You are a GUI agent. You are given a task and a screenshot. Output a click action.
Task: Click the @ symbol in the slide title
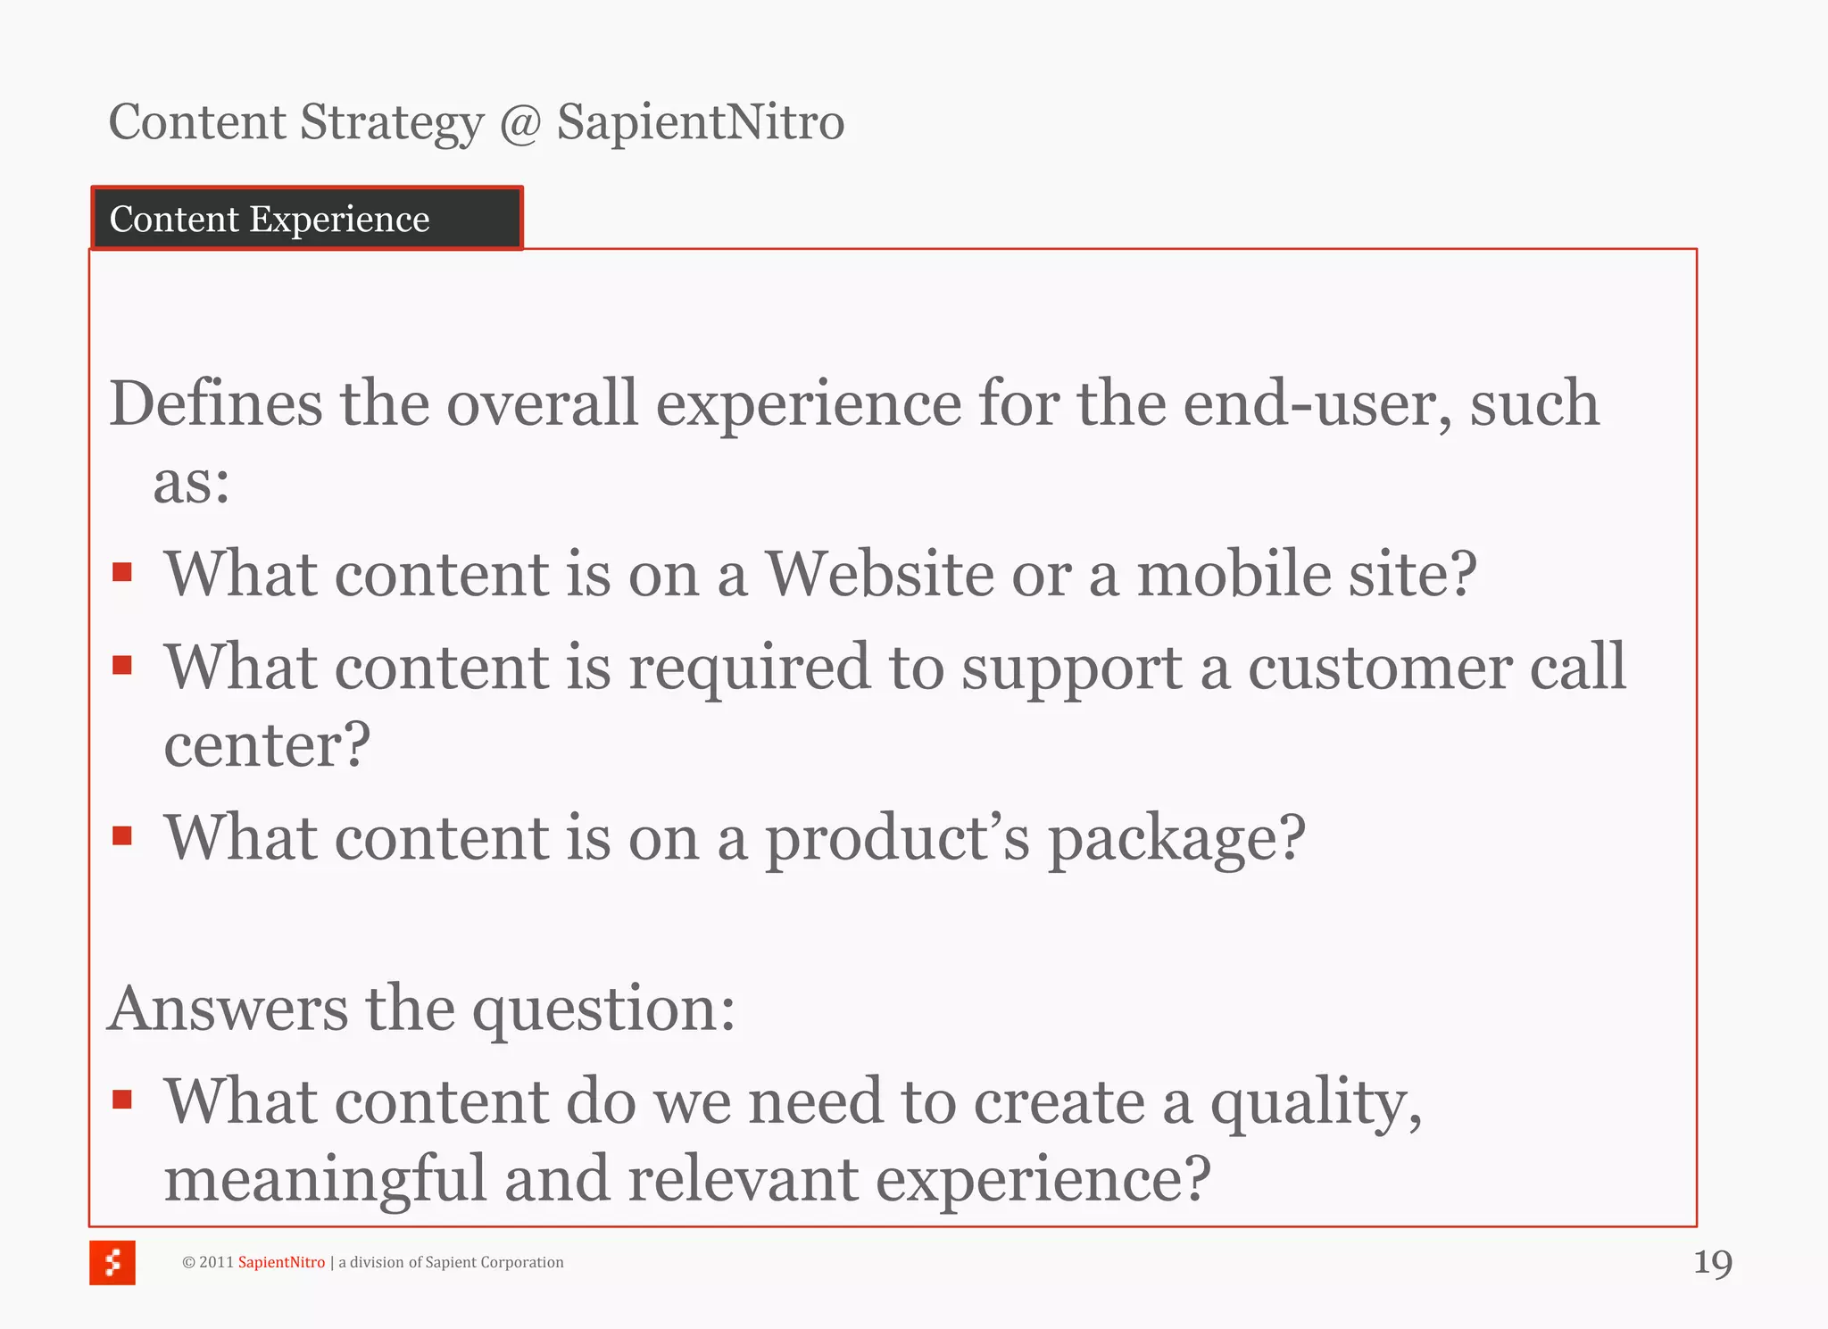pyautogui.click(x=520, y=123)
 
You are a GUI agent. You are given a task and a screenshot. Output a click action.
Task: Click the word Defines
pyautogui.click(x=215, y=403)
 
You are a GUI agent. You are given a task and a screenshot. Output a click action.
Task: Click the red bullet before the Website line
pyautogui.click(x=122, y=572)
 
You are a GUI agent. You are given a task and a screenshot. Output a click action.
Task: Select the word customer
pyautogui.click(x=1379, y=668)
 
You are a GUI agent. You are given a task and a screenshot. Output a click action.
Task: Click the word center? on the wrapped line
pyautogui.click(x=266, y=744)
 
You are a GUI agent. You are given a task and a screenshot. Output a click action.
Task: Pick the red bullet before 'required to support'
pyautogui.click(x=122, y=665)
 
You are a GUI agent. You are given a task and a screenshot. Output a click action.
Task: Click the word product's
pyautogui.click(x=897, y=839)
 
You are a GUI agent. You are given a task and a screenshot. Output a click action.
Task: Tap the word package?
pyautogui.click(x=1176, y=839)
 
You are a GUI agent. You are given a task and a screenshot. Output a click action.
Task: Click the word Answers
pyautogui.click(x=228, y=1009)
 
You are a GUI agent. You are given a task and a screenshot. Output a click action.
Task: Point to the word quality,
pyautogui.click(x=1315, y=1103)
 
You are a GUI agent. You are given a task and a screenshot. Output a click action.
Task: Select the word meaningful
pyautogui.click(x=325, y=1179)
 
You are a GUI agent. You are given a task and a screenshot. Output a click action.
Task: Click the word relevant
pyautogui.click(x=743, y=1179)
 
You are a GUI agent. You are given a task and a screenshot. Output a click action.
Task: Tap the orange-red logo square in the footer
pyautogui.click(x=112, y=1262)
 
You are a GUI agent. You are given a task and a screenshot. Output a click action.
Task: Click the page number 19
pyautogui.click(x=1712, y=1263)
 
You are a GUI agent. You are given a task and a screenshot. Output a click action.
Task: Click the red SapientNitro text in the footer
pyautogui.click(x=281, y=1262)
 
